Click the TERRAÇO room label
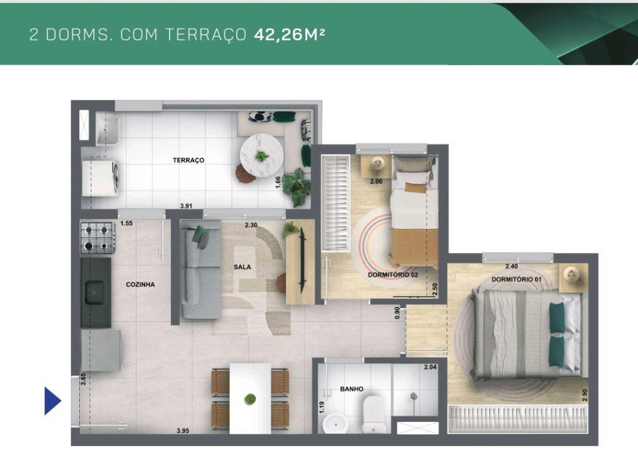(188, 160)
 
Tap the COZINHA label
(140, 284)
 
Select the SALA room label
(242, 267)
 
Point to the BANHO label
(351, 389)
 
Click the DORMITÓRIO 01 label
(517, 280)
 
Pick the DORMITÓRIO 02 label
(393, 275)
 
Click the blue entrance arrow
(52, 401)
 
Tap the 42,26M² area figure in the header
(289, 34)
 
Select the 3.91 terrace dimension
(186, 206)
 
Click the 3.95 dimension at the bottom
(183, 431)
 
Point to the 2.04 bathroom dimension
(430, 367)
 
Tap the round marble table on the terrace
(261, 155)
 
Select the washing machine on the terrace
(100, 178)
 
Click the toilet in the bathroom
(374, 414)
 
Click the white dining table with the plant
(250, 398)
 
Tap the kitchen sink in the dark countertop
(95, 292)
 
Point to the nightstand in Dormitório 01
(573, 277)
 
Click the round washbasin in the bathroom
(336, 424)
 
